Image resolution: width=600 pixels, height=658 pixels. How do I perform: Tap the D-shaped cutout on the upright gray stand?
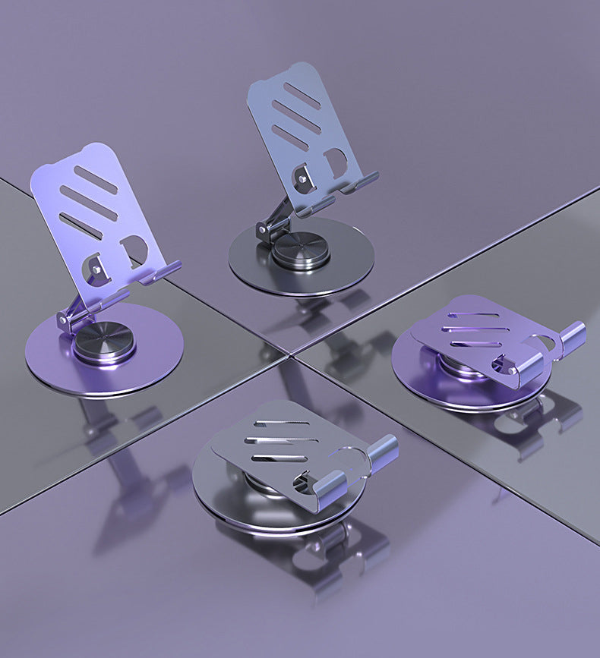(x=335, y=162)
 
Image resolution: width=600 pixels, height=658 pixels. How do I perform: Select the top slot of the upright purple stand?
(x=96, y=180)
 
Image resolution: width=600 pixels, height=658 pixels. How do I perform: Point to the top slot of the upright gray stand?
(x=302, y=96)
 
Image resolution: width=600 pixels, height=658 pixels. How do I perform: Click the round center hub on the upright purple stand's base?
(x=106, y=344)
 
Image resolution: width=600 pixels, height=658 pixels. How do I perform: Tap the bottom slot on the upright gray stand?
(x=290, y=137)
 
